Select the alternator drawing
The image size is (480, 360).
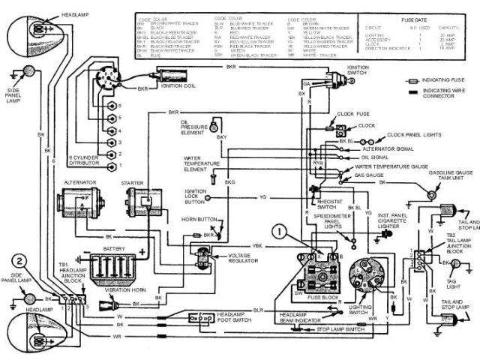pyautogui.click(x=81, y=202)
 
